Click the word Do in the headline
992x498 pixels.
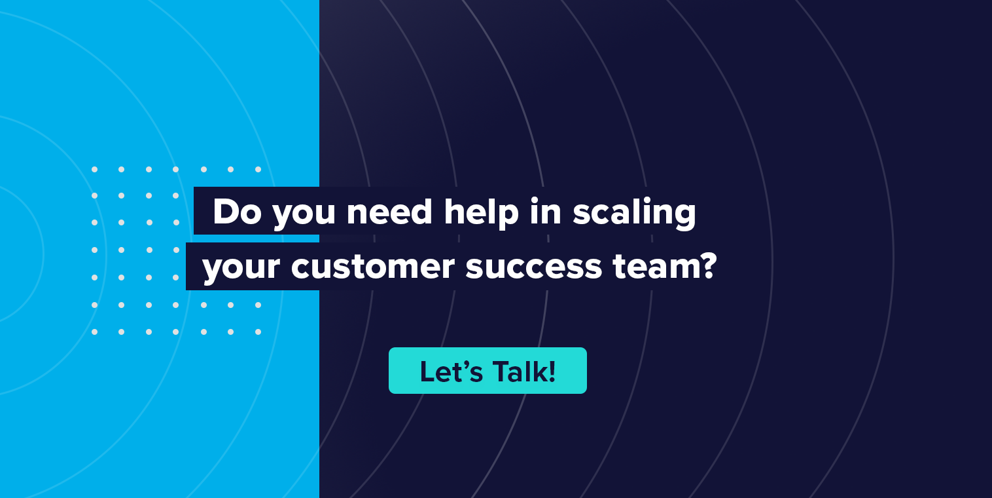coord(237,212)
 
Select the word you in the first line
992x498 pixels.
coord(304,215)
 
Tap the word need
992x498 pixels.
coord(389,212)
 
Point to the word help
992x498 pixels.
coord(481,214)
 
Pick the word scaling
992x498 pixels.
coord(634,214)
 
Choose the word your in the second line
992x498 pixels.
coord(241,269)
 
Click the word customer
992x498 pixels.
coord(373,267)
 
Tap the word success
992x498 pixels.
coord(534,267)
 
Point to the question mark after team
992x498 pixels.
coord(709,265)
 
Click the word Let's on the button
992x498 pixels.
coord(451,371)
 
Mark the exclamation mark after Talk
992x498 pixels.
coord(552,371)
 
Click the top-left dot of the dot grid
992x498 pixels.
coord(94,170)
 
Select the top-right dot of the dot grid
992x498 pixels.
coord(258,170)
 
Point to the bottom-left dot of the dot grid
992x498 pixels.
coord(94,332)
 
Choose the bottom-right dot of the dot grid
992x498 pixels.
coord(258,332)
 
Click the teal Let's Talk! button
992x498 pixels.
coord(487,370)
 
